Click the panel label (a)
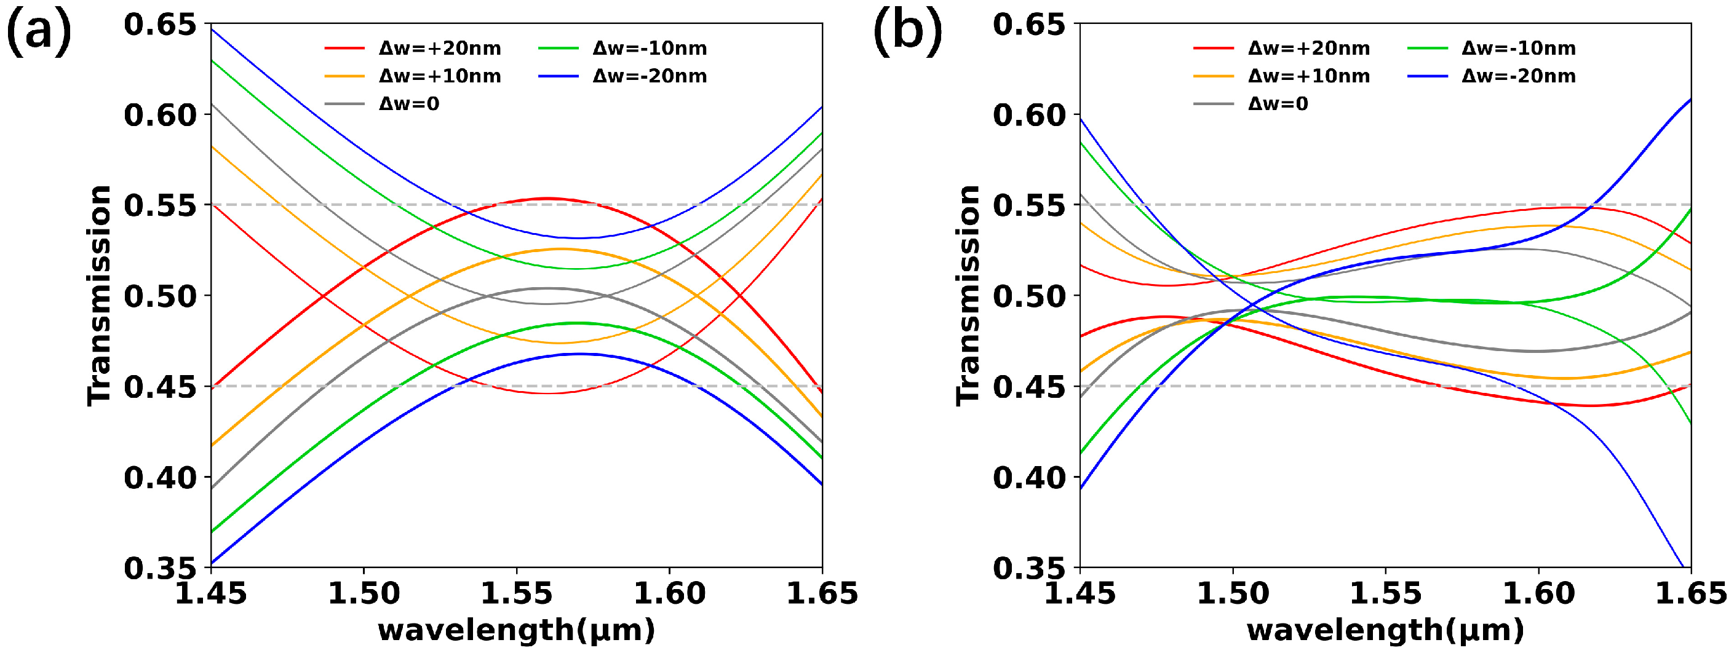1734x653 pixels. coord(38,33)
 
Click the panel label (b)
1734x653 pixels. coord(907,33)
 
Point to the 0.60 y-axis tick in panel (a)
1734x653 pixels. coord(160,115)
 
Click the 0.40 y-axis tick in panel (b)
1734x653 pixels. coord(1029,477)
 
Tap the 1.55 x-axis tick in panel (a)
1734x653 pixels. coord(516,593)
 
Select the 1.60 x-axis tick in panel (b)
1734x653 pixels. coord(1538,593)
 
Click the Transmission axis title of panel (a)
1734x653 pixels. coord(99,295)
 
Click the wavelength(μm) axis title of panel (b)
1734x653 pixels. coord(1385,630)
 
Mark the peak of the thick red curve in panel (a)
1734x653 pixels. coord(547,199)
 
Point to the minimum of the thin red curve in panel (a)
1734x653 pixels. coord(547,393)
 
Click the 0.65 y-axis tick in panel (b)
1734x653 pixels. coord(1029,25)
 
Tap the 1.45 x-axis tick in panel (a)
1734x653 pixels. coord(211,593)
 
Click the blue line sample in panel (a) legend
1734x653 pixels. coord(558,76)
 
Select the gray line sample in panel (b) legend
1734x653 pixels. coord(1213,104)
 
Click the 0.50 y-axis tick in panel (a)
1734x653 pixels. coord(160,296)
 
